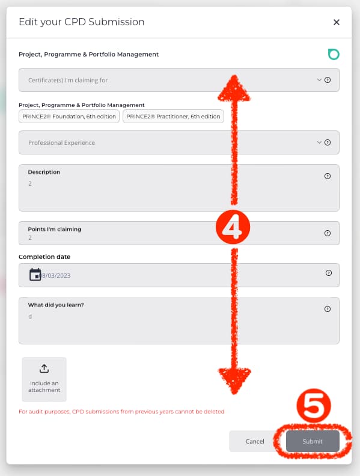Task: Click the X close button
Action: pos(337,22)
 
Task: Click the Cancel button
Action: pos(254,441)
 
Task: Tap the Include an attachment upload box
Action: pos(44,379)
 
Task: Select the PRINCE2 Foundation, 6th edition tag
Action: pos(69,116)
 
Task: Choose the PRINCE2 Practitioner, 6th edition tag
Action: pos(173,116)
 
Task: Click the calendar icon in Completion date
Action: pos(35,275)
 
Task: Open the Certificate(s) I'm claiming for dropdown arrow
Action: pos(319,80)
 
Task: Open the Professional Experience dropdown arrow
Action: pos(319,142)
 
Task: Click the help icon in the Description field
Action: pos(328,176)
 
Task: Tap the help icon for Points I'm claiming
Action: pos(328,233)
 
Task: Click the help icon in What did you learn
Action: pos(328,309)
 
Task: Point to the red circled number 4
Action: pos(233,227)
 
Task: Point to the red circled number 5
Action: pos(314,406)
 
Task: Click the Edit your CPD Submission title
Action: pos(81,22)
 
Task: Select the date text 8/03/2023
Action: pos(56,275)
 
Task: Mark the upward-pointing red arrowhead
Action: pos(234,88)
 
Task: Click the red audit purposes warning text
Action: pos(121,412)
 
